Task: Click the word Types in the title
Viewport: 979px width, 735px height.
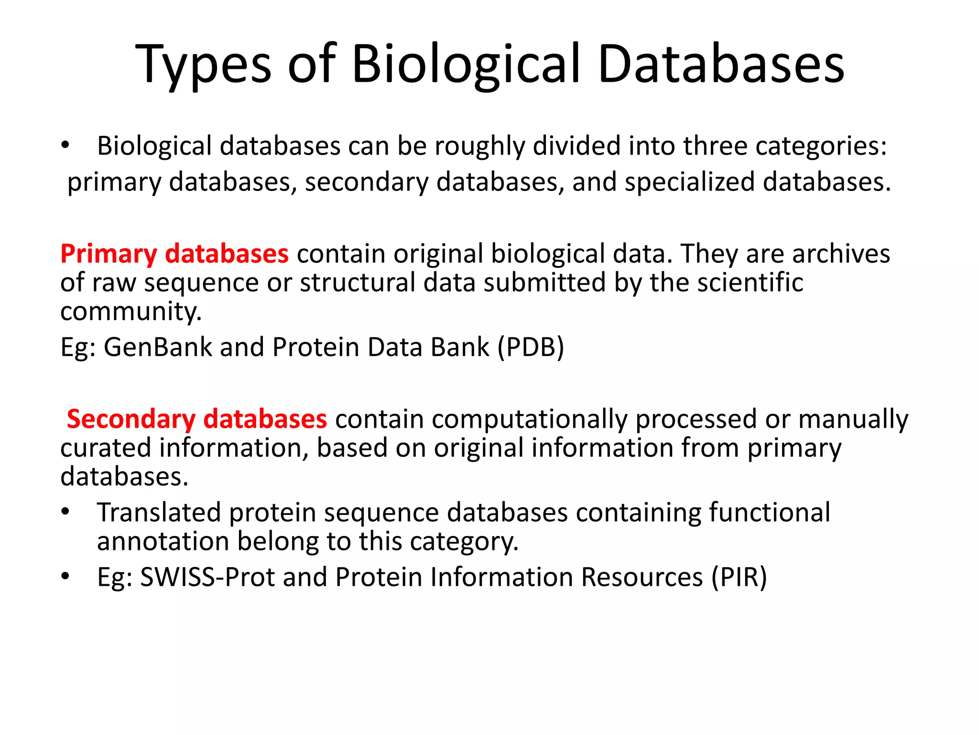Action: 203,65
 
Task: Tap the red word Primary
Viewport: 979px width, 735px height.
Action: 109,254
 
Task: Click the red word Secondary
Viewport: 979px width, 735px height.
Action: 131,419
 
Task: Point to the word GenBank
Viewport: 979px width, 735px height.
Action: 158,347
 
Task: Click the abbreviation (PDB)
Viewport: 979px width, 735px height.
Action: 531,347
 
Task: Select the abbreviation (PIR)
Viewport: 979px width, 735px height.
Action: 739,577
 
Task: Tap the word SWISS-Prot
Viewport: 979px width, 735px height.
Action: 207,577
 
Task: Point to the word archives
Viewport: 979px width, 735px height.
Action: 841,254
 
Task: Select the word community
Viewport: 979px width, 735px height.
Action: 131,312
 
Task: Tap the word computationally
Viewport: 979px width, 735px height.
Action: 481,419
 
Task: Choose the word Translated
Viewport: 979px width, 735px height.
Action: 159,512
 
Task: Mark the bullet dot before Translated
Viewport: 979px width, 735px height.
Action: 65,512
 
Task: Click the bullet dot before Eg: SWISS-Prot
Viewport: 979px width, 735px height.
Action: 65,576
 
